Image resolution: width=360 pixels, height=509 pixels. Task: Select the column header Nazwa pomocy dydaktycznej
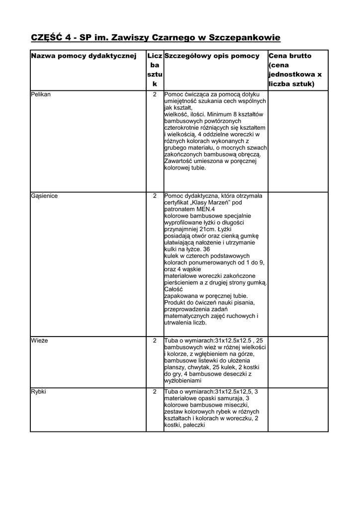[84, 56]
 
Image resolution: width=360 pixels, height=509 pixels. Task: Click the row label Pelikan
[41, 94]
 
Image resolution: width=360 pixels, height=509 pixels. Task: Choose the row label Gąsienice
[44, 196]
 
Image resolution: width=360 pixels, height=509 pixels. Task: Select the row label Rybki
[39, 391]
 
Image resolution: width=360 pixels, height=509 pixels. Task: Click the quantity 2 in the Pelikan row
[155, 94]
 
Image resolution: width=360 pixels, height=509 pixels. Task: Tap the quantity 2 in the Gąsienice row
[155, 196]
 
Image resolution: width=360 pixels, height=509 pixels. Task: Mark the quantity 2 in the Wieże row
[155, 340]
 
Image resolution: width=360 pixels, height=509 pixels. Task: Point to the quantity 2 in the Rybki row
[155, 391]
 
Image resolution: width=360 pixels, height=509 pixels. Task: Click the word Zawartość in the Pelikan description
[179, 161]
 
